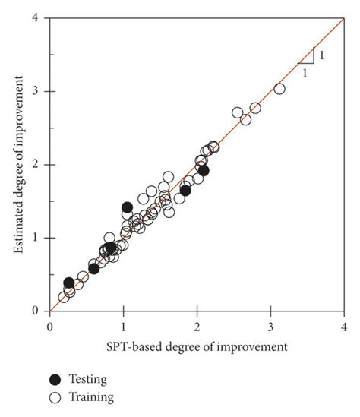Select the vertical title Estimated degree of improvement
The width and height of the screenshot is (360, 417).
click(x=17, y=164)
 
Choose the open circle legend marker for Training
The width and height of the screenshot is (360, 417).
click(x=55, y=396)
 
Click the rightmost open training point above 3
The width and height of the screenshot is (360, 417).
click(x=279, y=89)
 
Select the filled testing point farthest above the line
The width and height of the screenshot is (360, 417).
click(x=127, y=207)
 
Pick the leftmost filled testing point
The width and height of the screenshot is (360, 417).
click(x=69, y=283)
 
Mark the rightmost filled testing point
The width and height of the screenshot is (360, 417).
click(x=204, y=170)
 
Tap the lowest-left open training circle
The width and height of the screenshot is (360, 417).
click(x=63, y=298)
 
